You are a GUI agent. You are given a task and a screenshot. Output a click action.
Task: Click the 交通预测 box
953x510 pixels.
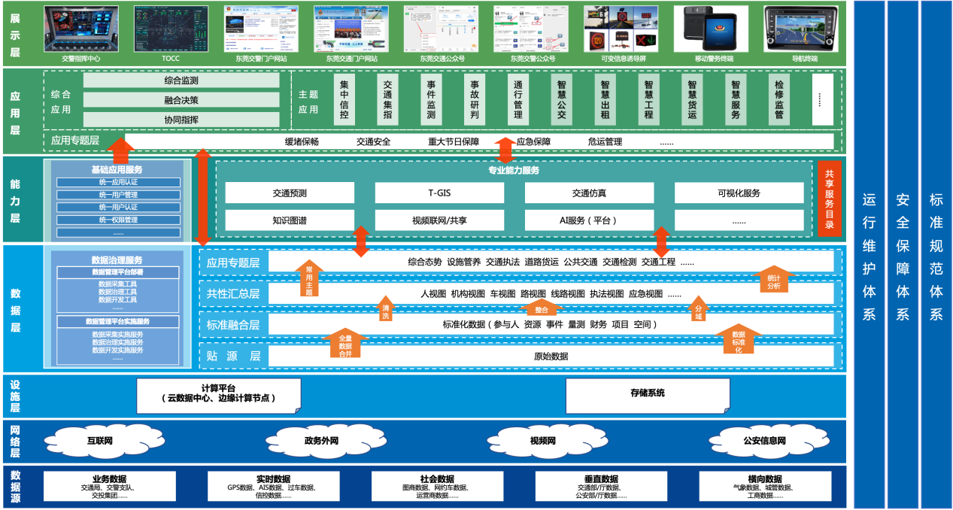[x=290, y=193]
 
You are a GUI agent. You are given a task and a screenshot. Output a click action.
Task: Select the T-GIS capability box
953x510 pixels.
[x=439, y=193]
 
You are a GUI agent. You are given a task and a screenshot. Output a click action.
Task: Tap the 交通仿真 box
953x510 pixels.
[x=589, y=193]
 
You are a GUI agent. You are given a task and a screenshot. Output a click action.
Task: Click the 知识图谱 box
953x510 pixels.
[x=290, y=220]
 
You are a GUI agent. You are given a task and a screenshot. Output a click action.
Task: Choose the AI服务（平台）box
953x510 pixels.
[x=589, y=220]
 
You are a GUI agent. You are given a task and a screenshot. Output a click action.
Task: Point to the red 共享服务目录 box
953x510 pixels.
[x=830, y=199]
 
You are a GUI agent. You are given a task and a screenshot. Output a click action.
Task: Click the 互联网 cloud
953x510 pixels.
[x=99, y=440]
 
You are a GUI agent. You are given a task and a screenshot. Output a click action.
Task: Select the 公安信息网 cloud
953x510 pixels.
[x=763, y=440]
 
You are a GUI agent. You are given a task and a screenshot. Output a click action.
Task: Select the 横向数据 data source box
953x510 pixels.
[x=764, y=486]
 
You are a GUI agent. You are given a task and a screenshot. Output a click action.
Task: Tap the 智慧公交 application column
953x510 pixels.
[x=562, y=100]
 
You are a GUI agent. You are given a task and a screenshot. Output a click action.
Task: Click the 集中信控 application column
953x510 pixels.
[x=344, y=100]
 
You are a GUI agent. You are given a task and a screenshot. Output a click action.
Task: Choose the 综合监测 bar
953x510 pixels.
[x=181, y=80]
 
